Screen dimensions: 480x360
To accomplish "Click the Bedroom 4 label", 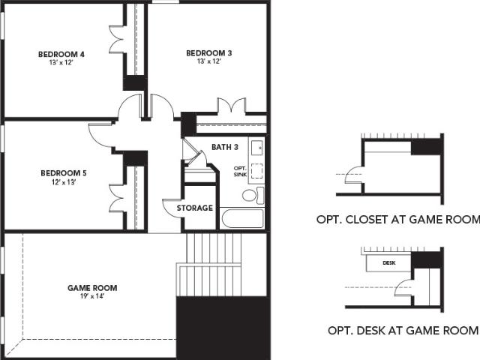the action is [61, 54].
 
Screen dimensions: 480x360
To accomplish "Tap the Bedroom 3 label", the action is [209, 53].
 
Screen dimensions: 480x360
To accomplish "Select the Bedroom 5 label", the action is [64, 173].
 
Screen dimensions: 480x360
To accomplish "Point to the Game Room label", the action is [92, 288].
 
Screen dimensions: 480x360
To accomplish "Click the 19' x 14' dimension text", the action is [92, 296].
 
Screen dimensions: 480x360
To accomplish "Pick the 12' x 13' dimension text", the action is [64, 182].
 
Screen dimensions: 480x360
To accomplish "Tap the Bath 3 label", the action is [225, 147].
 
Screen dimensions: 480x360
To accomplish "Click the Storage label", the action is [195, 208].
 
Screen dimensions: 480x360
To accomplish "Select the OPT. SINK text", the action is [240, 172].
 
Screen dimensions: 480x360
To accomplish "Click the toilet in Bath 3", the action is [253, 195].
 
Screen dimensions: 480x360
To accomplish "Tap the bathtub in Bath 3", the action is [242, 218].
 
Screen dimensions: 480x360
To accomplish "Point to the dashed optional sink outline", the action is [256, 171].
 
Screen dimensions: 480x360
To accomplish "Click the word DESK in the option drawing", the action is [388, 263].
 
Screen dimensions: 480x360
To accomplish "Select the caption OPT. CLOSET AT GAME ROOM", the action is [398, 220].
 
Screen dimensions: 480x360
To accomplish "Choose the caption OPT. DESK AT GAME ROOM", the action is [403, 331].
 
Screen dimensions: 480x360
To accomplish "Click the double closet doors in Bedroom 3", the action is [232, 106].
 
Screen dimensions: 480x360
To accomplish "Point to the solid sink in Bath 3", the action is [256, 148].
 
